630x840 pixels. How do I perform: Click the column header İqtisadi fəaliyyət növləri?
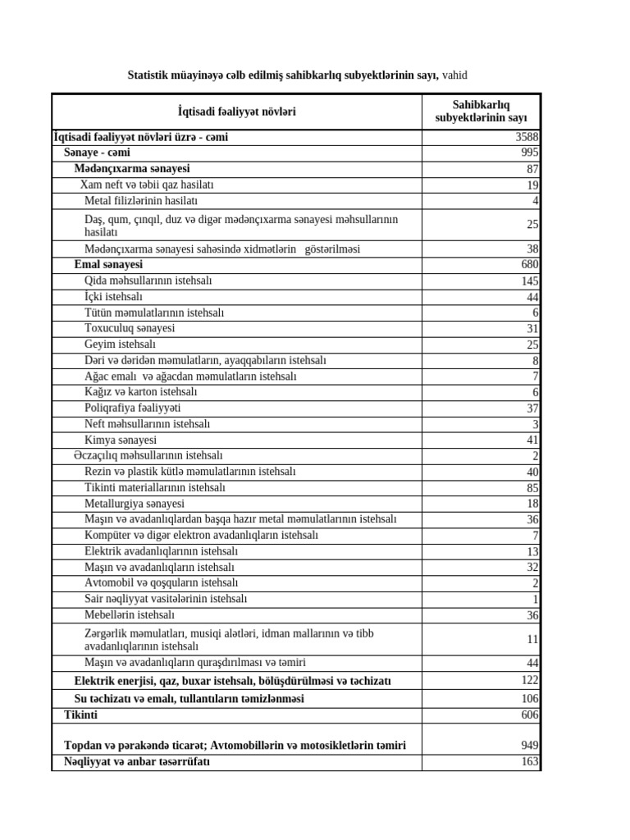pyautogui.click(x=236, y=112)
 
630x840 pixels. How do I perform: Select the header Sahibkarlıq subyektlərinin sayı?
pyautogui.click(x=481, y=112)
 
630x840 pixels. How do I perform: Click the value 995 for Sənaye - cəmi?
pyautogui.click(x=529, y=153)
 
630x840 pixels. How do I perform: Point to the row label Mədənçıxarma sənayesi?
pyautogui.click(x=132, y=169)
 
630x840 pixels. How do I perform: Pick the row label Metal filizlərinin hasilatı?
pyautogui.click(x=141, y=201)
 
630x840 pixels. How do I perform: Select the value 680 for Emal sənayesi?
pyautogui.click(x=529, y=265)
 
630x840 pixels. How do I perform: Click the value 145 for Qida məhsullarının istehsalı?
pyautogui.click(x=529, y=281)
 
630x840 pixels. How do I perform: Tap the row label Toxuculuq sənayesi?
pyautogui.click(x=130, y=329)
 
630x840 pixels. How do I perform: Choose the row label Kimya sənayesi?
pyautogui.click(x=121, y=441)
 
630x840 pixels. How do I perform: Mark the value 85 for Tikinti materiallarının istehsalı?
pyautogui.click(x=532, y=488)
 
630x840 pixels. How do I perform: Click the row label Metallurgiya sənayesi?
pyautogui.click(x=135, y=504)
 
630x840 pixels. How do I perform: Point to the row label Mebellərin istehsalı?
pyautogui.click(x=130, y=615)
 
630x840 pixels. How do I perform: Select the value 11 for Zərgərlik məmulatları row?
pyautogui.click(x=532, y=639)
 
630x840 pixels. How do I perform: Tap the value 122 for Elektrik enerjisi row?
pyautogui.click(x=529, y=681)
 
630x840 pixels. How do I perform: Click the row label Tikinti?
pyautogui.click(x=80, y=715)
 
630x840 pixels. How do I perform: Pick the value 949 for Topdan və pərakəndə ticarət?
pyautogui.click(x=529, y=746)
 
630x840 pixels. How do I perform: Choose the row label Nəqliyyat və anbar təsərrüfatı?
pyautogui.click(x=137, y=762)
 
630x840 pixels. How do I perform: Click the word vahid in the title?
pyautogui.click(x=454, y=75)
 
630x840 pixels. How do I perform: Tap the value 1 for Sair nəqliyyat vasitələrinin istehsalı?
pyautogui.click(x=535, y=600)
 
